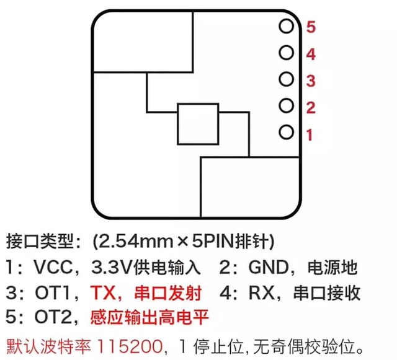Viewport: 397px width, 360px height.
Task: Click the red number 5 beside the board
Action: coord(311,27)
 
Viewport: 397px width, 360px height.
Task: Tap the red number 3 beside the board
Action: coord(311,81)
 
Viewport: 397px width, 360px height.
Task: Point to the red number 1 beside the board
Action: coord(310,134)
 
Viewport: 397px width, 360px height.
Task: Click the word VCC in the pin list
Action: coord(53,267)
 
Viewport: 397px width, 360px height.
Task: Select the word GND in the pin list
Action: coord(269,267)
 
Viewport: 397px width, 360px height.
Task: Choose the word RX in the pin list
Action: coord(262,292)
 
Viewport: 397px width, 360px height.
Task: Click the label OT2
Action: coord(53,317)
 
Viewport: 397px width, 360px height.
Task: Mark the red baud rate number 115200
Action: coord(130,346)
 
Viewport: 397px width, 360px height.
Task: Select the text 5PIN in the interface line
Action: coord(213,241)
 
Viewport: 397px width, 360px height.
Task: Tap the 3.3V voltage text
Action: coord(112,267)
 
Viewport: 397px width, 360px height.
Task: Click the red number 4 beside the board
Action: coord(311,55)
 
